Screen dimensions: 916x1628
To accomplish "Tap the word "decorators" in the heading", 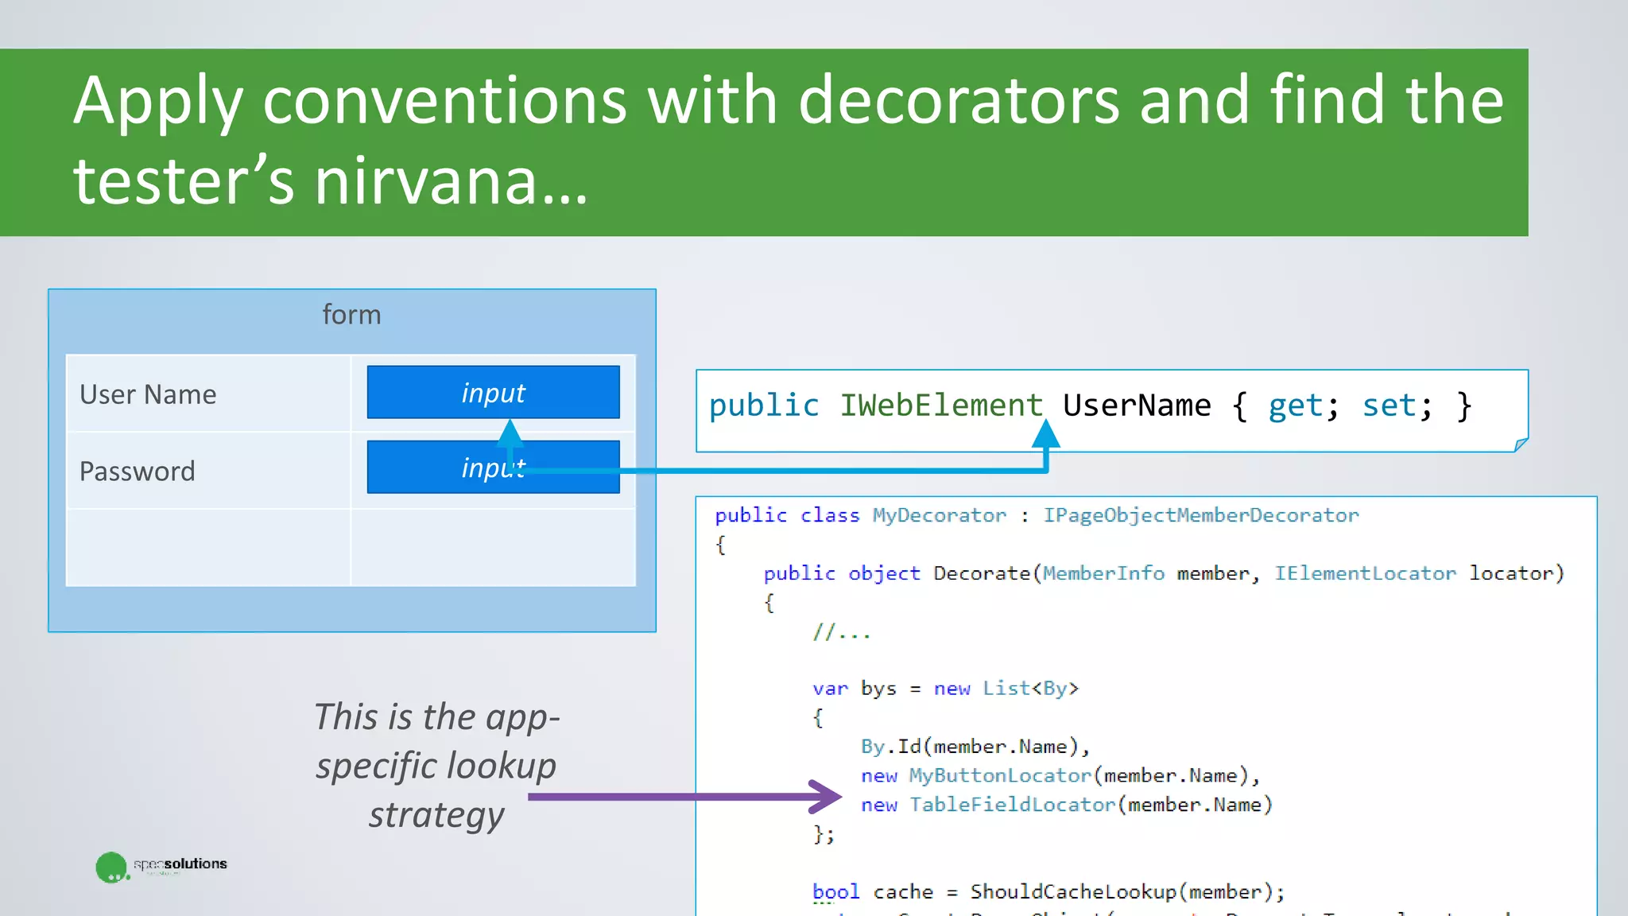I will coord(959,100).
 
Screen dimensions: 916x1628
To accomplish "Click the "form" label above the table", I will coord(351,315).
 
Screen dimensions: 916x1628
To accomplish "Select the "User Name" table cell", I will coord(148,394).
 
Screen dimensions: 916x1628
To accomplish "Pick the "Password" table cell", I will coord(138,471).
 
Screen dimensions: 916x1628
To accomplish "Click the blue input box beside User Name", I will coord(493,392).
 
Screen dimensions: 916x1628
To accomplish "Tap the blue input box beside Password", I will coord(493,467).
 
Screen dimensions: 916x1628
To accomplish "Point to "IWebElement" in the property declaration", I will coord(941,406).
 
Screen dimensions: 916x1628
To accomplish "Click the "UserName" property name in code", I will coord(1137,406).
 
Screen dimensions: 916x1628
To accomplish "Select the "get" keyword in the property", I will coord(1295,406).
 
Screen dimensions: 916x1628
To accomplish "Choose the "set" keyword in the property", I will coord(1389,406).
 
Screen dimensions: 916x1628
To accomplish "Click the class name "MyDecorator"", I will coord(939,515).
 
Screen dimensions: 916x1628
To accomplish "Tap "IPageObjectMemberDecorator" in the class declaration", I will coord(1200,515).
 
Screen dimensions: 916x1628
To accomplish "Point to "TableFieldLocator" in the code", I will coord(1012,805).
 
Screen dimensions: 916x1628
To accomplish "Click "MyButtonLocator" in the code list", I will coord(1000,775).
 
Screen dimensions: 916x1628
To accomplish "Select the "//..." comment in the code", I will coord(841,633).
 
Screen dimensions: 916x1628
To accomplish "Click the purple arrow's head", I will coord(827,796).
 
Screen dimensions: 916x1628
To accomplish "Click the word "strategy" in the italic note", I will coord(436,816).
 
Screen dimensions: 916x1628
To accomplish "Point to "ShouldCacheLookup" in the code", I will coord(1072,892).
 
